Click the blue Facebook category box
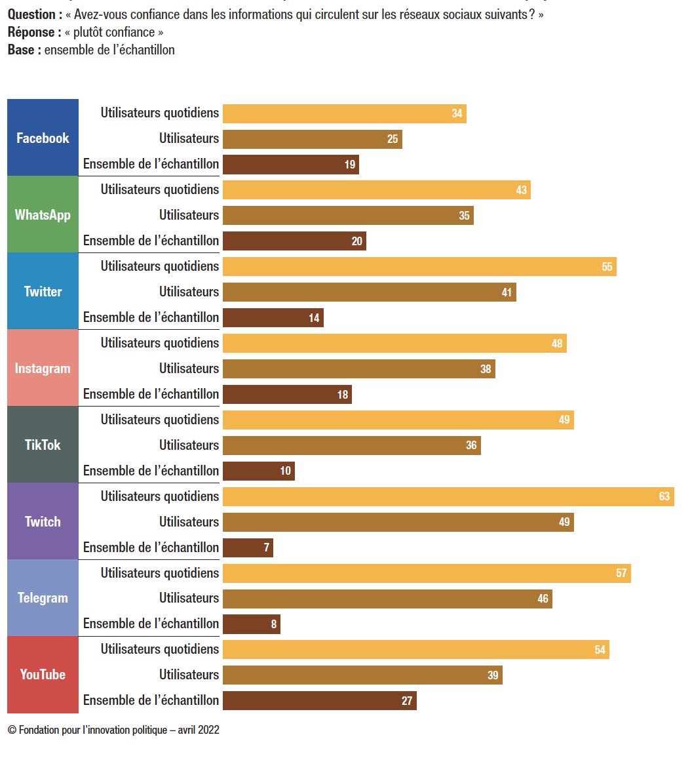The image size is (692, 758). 43,138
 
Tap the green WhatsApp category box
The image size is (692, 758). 43,214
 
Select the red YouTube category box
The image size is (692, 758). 43,675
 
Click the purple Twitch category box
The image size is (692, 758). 43,521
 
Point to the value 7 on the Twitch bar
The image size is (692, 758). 267,548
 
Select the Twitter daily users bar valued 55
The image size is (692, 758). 419,266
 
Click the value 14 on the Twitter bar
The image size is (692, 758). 314,318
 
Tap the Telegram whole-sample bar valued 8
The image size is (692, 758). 251,624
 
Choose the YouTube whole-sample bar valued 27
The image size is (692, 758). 319,700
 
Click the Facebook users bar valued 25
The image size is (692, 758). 312,139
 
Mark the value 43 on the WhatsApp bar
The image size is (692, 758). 521,190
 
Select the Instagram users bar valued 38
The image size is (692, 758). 358,369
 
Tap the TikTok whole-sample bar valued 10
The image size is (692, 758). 258,471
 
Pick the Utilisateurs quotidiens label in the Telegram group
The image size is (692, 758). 159,572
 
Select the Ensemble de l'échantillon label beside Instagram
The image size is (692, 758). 151,394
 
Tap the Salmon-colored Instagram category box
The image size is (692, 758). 43,368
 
